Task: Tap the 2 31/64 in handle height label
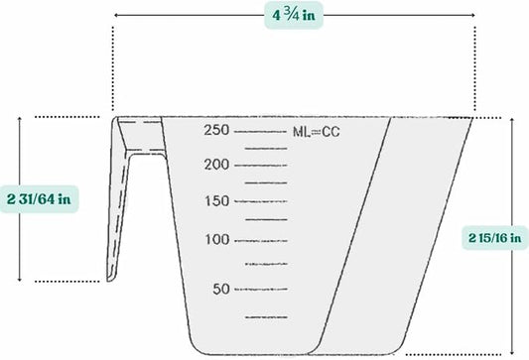coord(39,197)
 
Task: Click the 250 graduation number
coord(216,130)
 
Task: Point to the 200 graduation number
coord(216,165)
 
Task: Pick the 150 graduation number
coord(216,201)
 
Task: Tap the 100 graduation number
coord(216,239)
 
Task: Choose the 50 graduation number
coord(220,289)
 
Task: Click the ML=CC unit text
coord(316,131)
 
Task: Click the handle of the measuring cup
coord(124,198)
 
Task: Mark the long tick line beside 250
coord(261,131)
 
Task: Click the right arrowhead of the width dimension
coord(471,17)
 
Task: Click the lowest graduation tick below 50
coord(266,316)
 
